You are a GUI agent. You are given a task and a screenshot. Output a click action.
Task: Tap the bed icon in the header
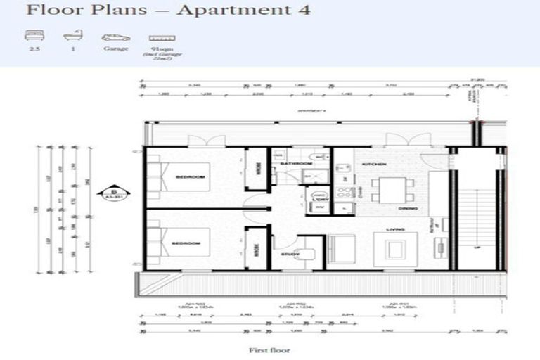tap(32, 37)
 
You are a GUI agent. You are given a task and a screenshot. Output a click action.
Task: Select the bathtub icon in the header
tap(71, 37)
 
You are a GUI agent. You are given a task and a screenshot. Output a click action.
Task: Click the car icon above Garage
tap(115, 37)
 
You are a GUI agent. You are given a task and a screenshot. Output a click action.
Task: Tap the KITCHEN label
tap(373, 164)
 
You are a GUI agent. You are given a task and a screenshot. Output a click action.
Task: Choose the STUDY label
tap(290, 255)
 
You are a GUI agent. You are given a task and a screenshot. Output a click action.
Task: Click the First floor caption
tap(270, 349)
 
